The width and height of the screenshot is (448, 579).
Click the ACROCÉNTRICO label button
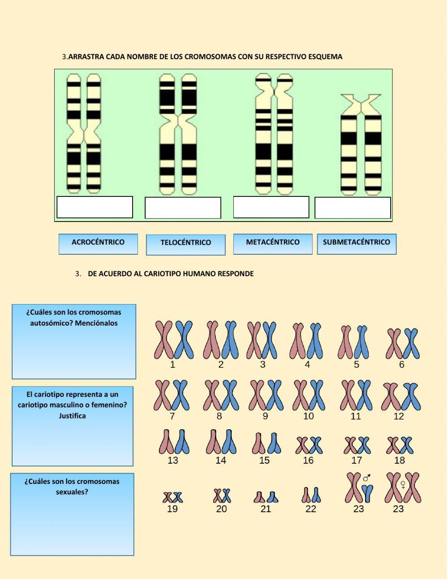98,243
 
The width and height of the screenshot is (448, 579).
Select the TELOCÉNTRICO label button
185,243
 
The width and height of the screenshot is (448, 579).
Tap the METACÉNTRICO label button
272,243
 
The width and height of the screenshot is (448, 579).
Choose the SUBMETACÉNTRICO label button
356,243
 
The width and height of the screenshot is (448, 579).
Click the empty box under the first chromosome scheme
95,207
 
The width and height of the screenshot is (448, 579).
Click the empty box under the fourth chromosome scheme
353,208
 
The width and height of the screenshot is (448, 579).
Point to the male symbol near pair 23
367,478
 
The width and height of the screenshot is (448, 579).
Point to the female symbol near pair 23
403,485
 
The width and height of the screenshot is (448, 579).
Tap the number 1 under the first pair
172,365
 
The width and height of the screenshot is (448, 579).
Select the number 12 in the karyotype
399,416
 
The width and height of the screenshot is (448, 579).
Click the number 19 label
172,509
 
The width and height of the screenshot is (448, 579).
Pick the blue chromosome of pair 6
411,343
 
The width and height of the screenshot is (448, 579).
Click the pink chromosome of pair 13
167,442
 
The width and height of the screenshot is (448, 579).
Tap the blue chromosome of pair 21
272,497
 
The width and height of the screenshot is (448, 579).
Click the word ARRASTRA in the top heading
86,57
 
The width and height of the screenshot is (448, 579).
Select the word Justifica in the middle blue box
72,416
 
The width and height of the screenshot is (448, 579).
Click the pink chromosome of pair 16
302,445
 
